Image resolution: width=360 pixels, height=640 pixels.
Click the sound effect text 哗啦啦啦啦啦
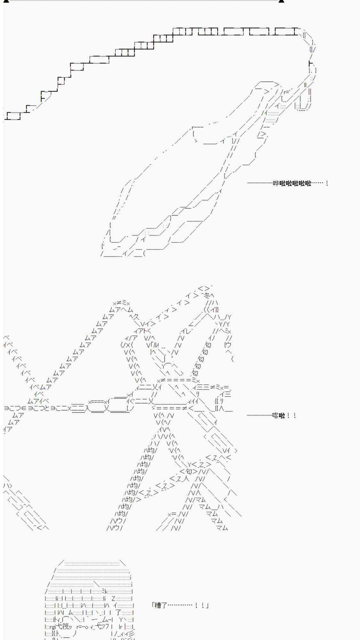pos(292,183)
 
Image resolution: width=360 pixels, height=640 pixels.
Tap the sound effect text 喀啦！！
pos(284,415)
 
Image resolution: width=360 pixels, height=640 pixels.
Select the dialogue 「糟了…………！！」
pos(180,605)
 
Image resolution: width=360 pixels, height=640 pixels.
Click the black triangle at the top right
pos(281,1)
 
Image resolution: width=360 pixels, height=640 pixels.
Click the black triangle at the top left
pos(6,1)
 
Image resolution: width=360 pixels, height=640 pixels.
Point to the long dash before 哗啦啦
pos(260,183)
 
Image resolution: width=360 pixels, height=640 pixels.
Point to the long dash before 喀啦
pos(260,415)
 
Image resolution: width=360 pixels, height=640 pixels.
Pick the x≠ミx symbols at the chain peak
pos(121,303)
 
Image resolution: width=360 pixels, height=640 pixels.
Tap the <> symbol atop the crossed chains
pos(204,288)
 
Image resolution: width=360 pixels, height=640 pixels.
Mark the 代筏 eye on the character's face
pos(62,626)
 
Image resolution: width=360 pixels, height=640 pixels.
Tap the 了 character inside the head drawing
pos(118,612)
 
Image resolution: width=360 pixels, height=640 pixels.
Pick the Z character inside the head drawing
pos(114,598)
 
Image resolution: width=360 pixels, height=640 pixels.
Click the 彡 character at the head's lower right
pos(131,633)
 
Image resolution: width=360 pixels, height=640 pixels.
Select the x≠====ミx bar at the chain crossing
pos(179,380)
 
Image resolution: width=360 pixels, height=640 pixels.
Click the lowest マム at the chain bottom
pos(222,528)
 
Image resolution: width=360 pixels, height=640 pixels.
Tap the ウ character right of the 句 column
pos(228,345)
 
